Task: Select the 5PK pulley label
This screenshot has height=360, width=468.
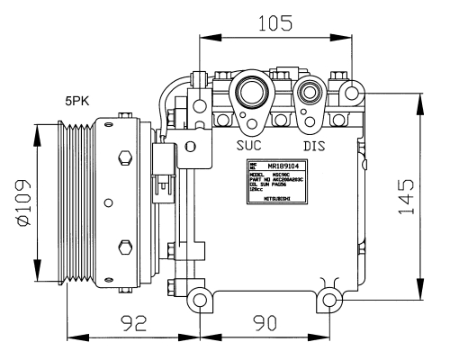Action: (78, 102)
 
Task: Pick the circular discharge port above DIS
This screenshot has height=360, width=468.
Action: (311, 92)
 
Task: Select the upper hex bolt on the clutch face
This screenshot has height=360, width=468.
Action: (125, 159)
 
